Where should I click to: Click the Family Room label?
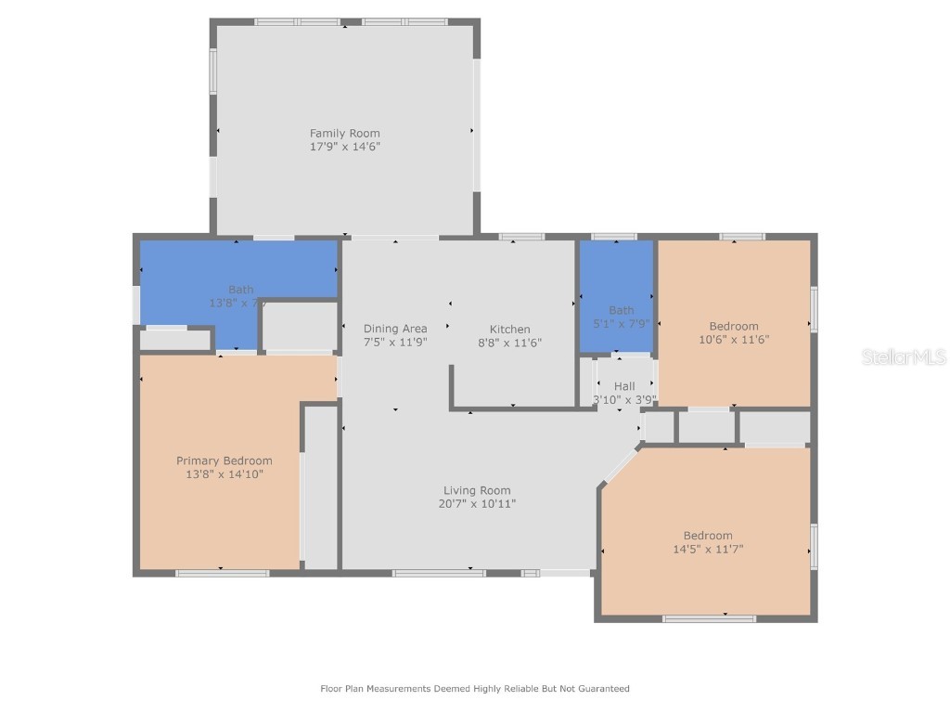point(344,134)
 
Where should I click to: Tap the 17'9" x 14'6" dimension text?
point(344,147)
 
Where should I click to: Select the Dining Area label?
point(395,329)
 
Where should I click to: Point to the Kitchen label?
point(509,330)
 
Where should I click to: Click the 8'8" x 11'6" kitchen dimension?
point(509,343)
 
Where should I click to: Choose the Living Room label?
point(477,491)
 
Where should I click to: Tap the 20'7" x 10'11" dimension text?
point(477,504)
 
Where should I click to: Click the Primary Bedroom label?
point(225,461)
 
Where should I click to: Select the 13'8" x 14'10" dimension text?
point(225,474)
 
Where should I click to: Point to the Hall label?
point(624,386)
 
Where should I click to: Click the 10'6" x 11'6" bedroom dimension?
point(734,340)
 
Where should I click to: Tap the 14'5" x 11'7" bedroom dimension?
point(708,549)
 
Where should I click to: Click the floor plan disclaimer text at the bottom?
point(475,689)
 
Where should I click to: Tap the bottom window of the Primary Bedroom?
point(223,573)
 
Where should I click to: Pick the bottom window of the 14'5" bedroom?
point(709,618)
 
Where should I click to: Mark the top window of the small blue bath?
point(614,237)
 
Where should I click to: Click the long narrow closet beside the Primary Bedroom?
point(321,486)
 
